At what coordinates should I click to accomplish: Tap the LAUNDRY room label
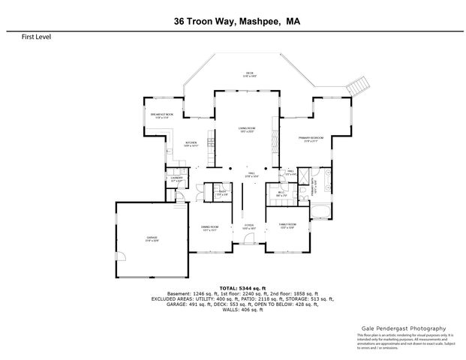177,179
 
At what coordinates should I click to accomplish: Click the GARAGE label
152,238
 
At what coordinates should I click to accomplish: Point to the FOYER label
249,226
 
